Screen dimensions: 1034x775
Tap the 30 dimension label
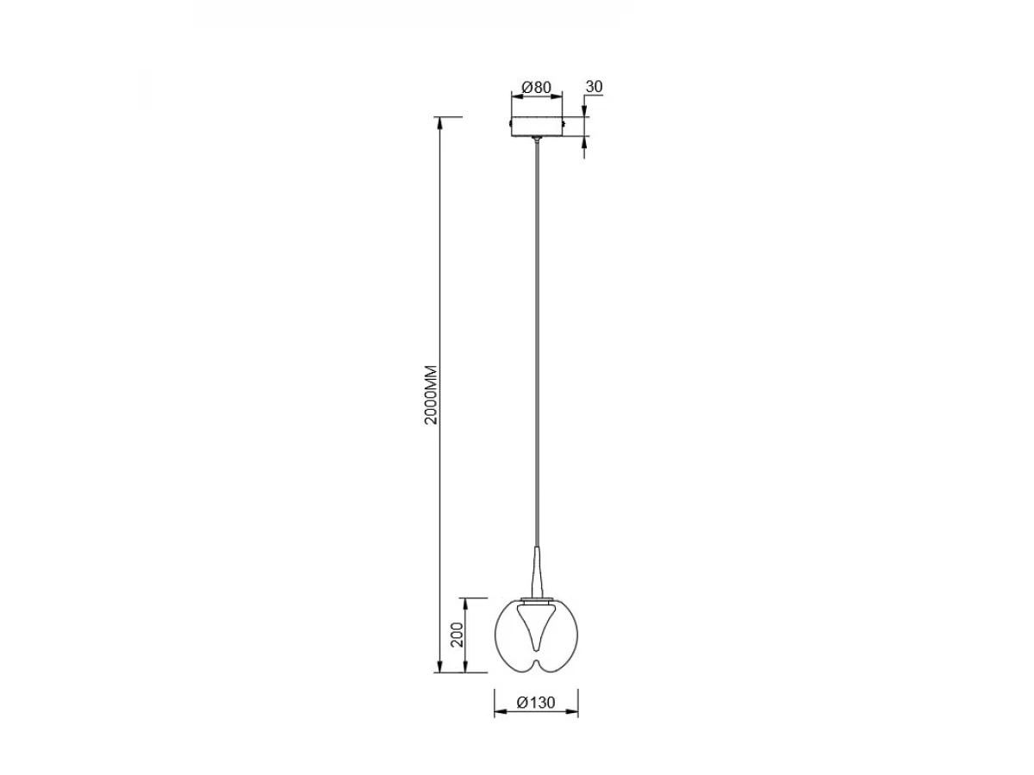point(594,87)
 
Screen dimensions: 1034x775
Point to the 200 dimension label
point(458,635)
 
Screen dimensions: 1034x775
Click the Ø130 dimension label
point(536,716)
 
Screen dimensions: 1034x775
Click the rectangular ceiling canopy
point(537,127)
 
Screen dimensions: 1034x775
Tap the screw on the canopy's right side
point(564,123)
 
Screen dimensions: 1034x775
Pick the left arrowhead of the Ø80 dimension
point(518,98)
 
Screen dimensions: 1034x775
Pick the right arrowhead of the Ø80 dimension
point(556,98)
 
